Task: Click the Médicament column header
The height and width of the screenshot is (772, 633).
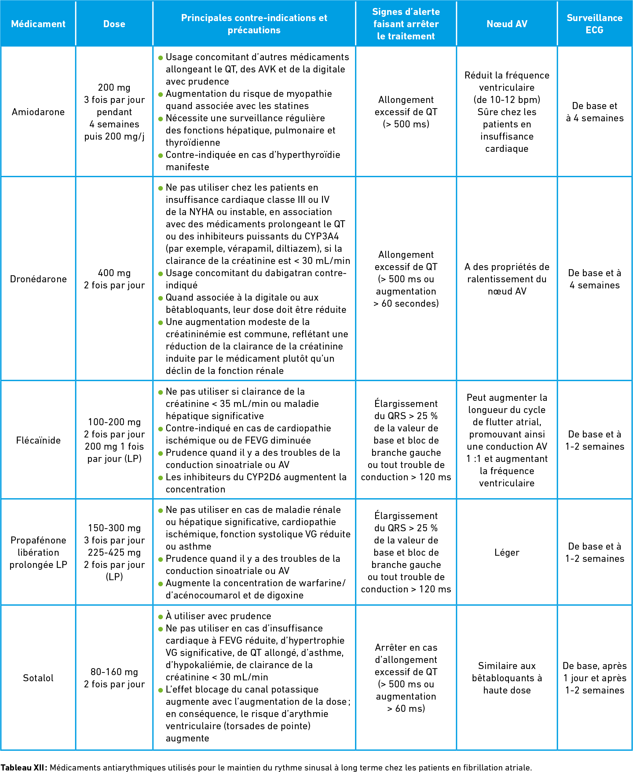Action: coord(38,24)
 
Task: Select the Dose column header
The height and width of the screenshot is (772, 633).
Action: coord(114,24)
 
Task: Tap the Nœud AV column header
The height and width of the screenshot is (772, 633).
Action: coord(507,24)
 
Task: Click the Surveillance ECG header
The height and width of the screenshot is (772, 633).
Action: coord(594,24)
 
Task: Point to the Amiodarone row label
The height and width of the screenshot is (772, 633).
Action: coord(38,112)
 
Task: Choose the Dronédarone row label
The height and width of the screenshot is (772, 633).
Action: coord(38,279)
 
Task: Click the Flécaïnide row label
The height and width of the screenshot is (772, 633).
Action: coord(38,440)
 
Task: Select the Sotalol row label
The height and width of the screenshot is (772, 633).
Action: coord(38,678)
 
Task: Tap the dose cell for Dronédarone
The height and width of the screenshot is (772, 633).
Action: coord(114,279)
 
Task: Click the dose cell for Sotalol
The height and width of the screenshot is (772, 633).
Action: coord(114,678)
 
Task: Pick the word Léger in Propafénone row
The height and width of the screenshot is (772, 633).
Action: coord(507,552)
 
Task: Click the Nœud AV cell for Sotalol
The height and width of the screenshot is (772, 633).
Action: coord(507,678)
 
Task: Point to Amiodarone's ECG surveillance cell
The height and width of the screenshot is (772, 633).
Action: coord(594,112)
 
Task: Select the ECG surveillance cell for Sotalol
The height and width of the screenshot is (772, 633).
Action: coord(594,678)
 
